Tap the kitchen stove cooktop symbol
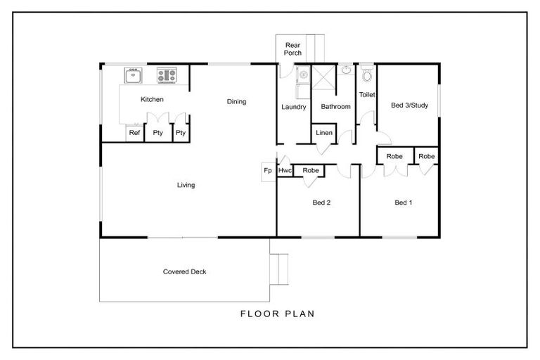[167, 75]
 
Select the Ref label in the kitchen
[134, 133]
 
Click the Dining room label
[236, 102]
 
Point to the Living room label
[186, 186]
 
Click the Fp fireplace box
[268, 171]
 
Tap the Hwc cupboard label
[285, 171]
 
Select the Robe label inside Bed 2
[310, 171]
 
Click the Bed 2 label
[321, 203]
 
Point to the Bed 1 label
[403, 203]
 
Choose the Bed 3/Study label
[409, 106]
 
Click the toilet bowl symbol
[366, 76]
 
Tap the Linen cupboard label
[323, 133]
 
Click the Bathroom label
[335, 107]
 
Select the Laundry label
[293, 107]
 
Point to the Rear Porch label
[292, 49]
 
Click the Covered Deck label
[184, 272]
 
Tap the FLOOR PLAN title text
[277, 314]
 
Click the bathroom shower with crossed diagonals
[323, 79]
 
